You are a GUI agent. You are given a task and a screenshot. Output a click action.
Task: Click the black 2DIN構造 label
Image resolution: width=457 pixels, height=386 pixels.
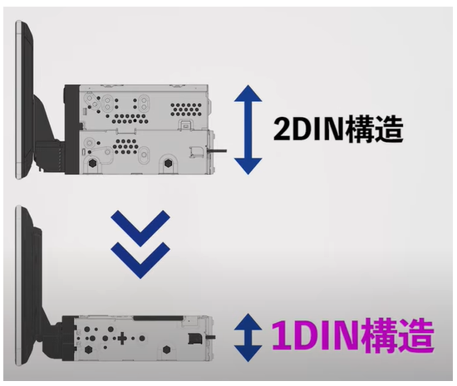click(338, 129)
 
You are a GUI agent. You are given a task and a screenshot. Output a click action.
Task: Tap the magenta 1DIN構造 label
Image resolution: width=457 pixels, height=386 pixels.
click(353, 335)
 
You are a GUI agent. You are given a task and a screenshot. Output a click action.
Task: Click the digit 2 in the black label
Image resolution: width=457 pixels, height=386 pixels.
click(282, 129)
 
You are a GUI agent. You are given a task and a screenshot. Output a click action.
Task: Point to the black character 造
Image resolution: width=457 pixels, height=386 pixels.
click(389, 129)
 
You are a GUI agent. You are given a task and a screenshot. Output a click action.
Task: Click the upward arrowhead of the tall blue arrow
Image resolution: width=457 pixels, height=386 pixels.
click(248, 93)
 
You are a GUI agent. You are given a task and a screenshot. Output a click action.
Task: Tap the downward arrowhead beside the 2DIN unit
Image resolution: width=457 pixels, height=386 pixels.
click(248, 166)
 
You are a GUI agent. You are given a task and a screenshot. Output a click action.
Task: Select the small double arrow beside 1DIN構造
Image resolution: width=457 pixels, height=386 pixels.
click(248, 337)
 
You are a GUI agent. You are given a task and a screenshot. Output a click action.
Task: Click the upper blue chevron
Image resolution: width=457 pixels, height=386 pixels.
click(140, 228)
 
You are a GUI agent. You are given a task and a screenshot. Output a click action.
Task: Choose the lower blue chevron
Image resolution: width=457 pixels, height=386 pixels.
click(140, 261)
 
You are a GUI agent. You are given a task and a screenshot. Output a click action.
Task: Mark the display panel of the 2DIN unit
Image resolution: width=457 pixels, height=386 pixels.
click(24, 100)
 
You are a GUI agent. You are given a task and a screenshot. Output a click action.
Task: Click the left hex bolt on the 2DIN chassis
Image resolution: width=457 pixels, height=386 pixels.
click(93, 163)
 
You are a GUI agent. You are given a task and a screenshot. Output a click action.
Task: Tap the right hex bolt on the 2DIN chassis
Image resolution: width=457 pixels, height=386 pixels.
click(168, 163)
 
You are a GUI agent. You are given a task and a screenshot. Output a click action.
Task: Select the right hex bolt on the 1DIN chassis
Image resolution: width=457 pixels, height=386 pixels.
click(166, 349)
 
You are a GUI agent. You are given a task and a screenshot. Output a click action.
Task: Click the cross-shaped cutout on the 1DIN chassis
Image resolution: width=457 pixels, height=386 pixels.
click(122, 338)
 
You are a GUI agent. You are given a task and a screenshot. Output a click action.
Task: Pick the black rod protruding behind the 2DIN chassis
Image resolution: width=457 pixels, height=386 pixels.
click(217, 151)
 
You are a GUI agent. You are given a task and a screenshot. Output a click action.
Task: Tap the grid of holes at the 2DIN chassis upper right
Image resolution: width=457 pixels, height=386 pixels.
click(186, 110)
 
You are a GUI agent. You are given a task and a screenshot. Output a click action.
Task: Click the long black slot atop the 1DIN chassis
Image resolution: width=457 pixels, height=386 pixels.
click(159, 319)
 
